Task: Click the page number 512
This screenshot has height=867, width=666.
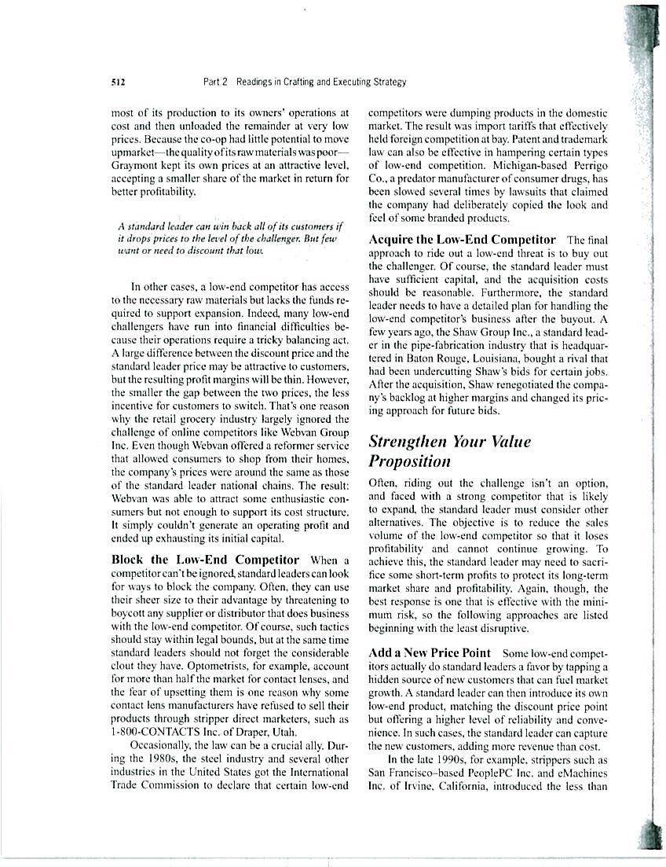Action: click(x=120, y=82)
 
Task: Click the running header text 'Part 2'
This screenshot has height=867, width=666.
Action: click(x=214, y=82)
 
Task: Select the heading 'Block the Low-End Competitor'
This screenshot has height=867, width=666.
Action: click(x=206, y=560)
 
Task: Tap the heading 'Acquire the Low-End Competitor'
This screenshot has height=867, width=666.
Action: click(x=462, y=239)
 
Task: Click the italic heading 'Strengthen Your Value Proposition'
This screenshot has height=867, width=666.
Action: click(x=449, y=451)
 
